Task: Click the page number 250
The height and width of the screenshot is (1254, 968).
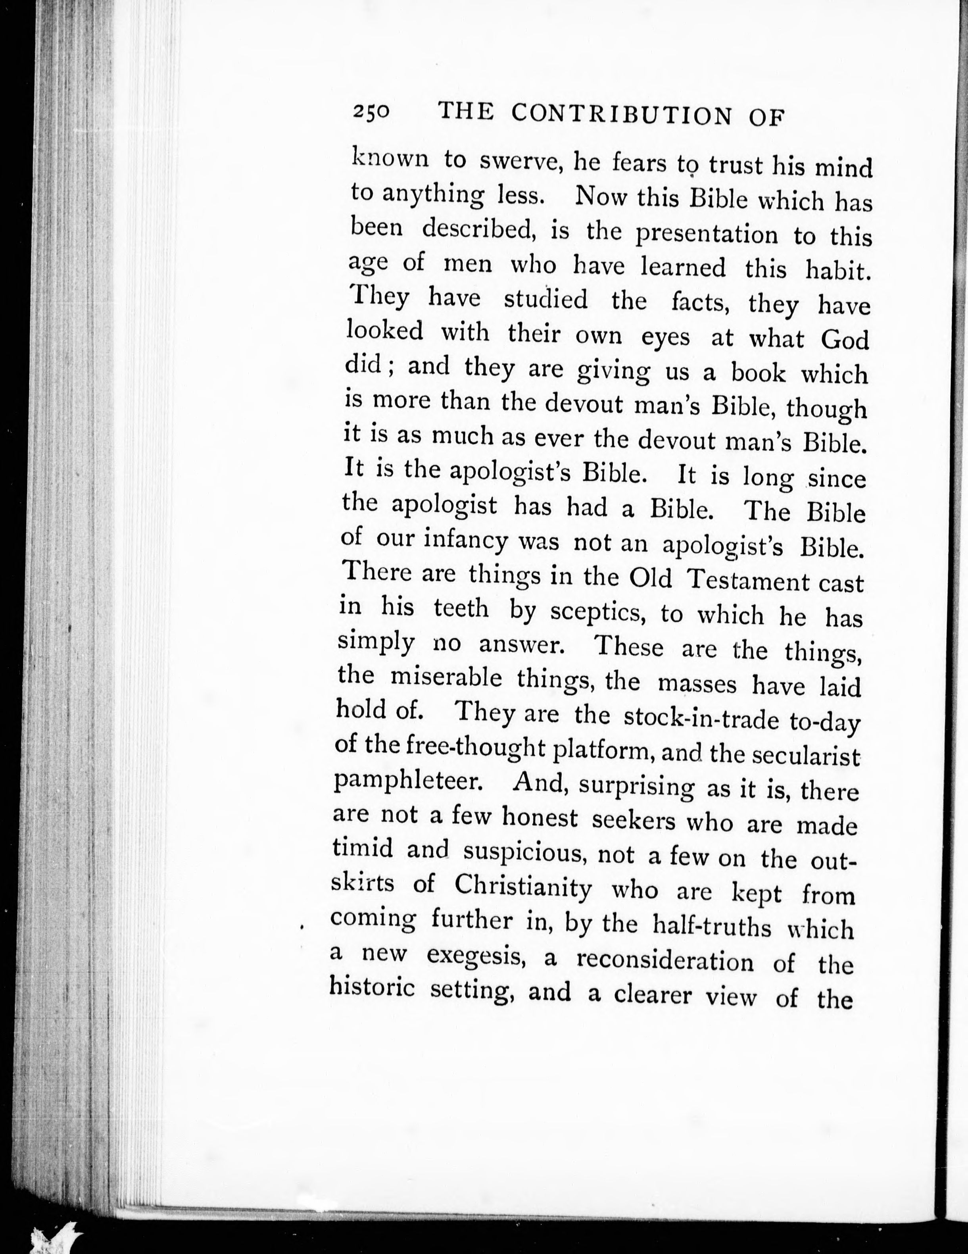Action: (x=371, y=112)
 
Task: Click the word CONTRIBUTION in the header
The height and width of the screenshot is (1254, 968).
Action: (x=621, y=115)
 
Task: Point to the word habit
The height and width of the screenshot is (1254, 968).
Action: (x=837, y=270)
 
